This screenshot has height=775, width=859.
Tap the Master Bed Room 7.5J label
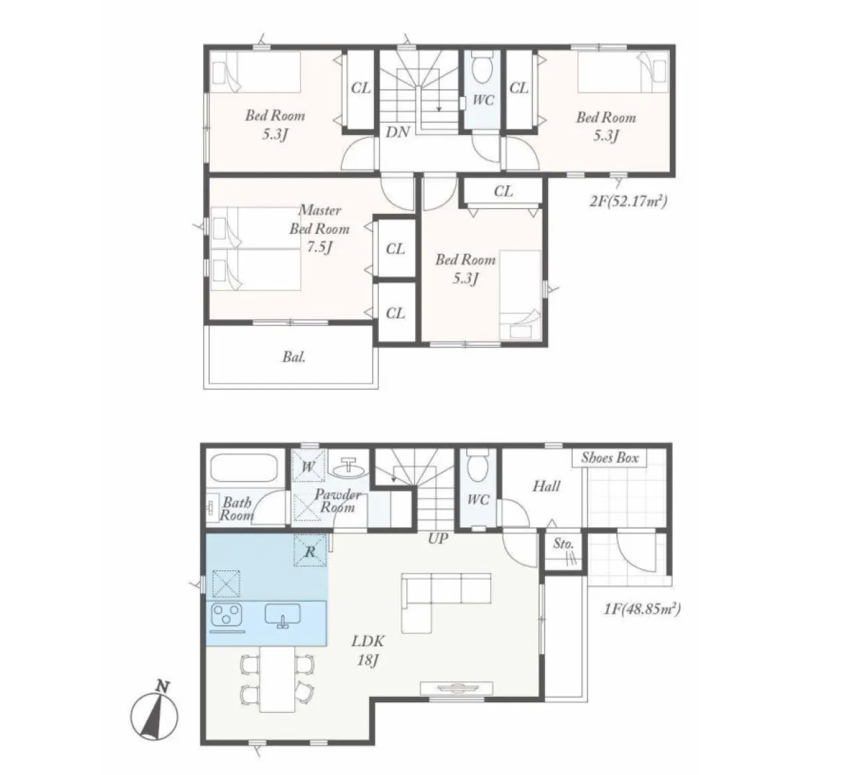(319, 229)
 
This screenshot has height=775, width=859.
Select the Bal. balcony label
(294, 357)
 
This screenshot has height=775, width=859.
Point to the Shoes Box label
(610, 457)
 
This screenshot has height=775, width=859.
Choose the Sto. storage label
(563, 543)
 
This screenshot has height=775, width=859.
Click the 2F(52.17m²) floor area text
(628, 201)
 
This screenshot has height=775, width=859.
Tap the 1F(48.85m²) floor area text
(642, 608)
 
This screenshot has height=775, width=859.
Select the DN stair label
(398, 131)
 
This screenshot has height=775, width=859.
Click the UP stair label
(438, 538)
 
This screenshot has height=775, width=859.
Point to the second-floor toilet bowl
(483, 66)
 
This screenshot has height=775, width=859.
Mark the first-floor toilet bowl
(478, 465)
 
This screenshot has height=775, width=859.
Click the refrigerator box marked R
(310, 550)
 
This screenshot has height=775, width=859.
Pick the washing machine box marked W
(308, 466)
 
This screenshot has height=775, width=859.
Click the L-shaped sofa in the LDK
(445, 602)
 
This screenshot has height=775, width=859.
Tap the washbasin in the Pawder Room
(350, 468)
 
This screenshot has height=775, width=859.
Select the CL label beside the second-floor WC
(519, 88)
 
